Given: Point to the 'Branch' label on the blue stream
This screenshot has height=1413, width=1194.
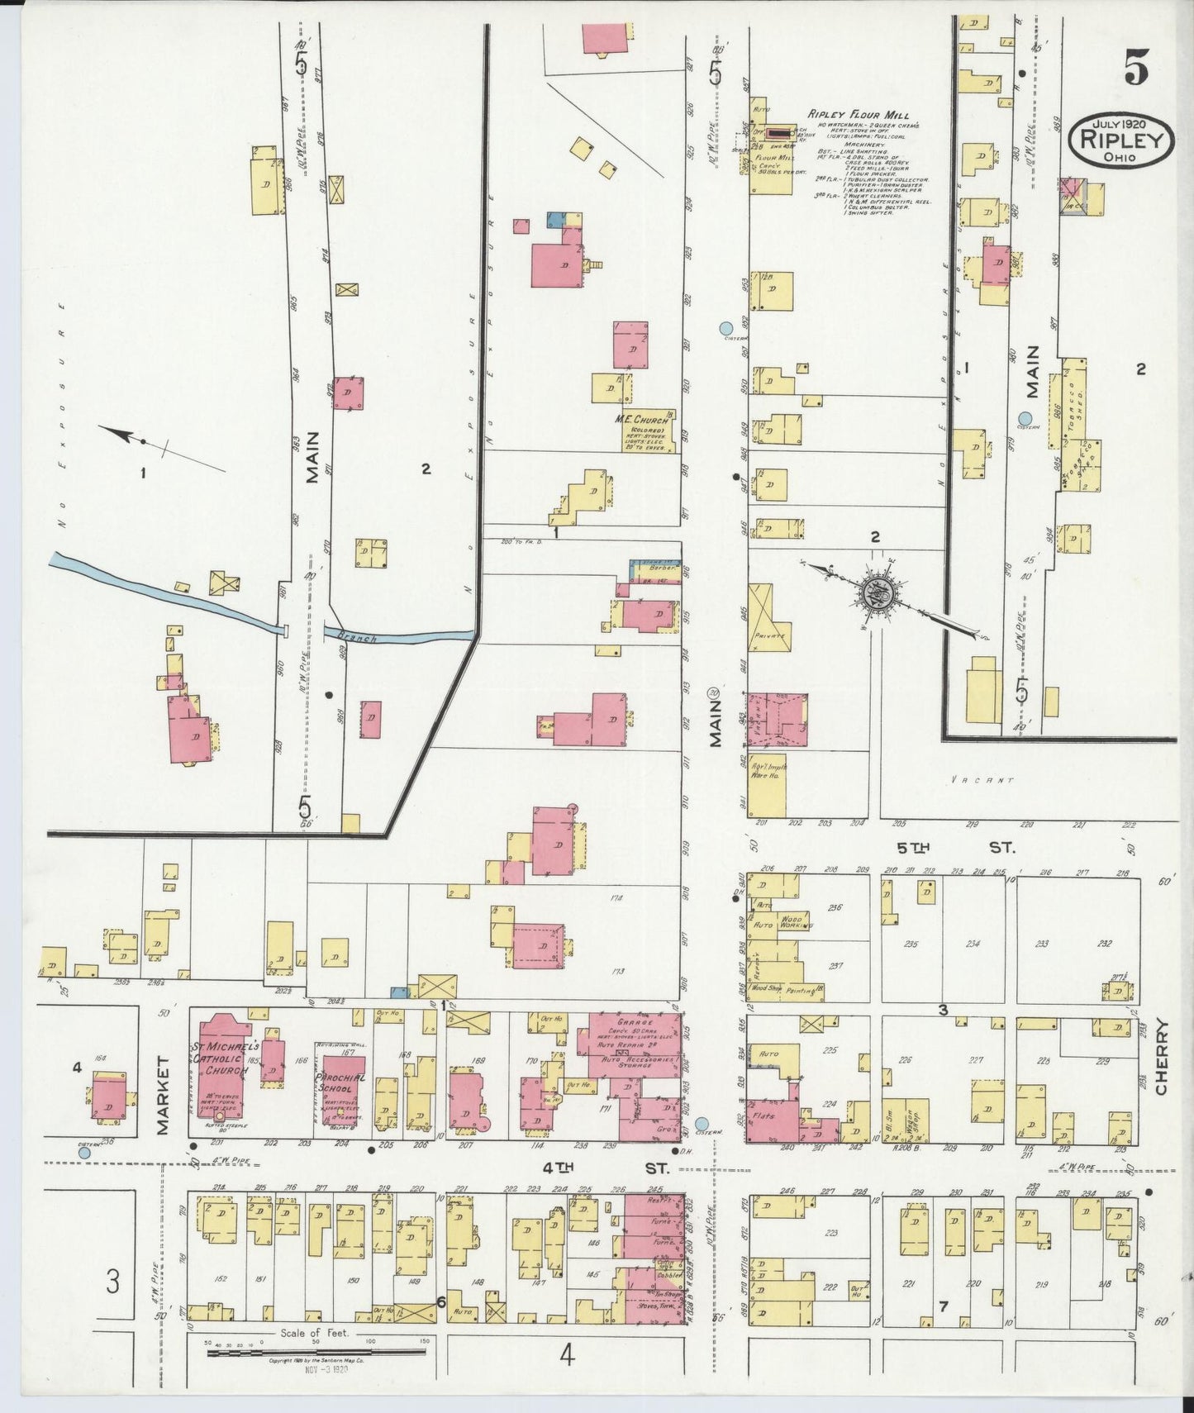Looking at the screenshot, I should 361,637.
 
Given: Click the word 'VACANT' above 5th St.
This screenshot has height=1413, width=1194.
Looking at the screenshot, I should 981,778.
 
